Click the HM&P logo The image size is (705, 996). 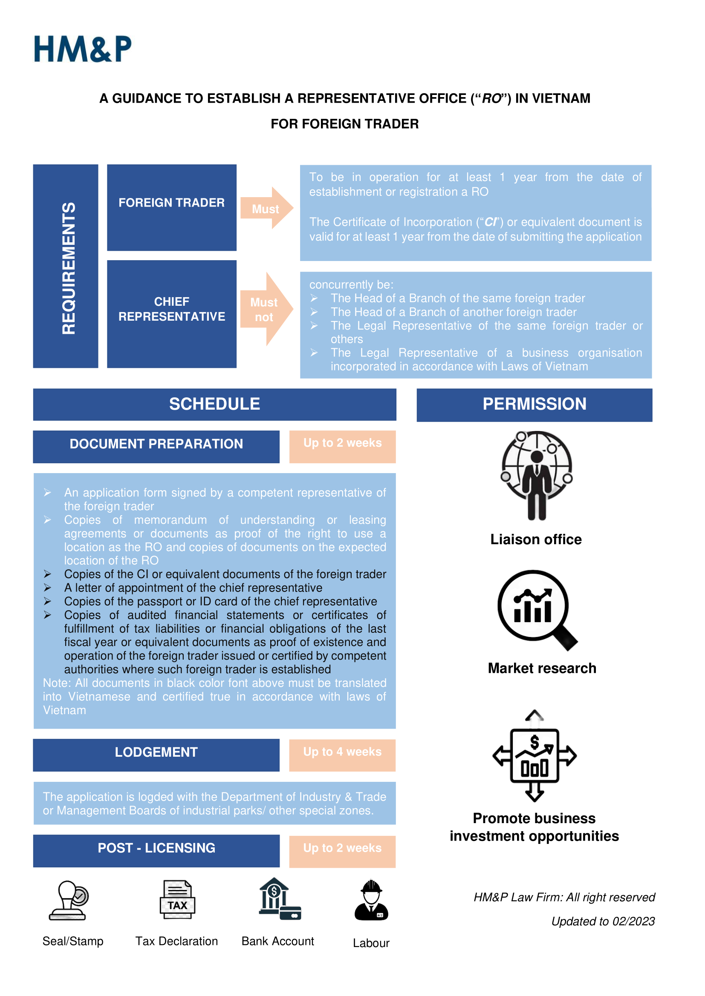pos(83,49)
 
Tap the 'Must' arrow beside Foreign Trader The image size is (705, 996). pos(266,208)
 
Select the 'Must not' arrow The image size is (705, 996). pos(266,309)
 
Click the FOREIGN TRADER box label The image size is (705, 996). pos(171,203)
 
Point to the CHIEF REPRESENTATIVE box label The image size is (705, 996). pos(171,309)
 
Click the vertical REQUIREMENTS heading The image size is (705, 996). pos(69,268)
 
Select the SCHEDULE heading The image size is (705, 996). pos(214,404)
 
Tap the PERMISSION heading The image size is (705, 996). pos(535,404)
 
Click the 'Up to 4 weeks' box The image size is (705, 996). pos(342,755)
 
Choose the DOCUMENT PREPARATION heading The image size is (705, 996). pos(156,444)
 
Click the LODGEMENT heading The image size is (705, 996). pos(156,752)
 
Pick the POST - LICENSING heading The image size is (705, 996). pos(156,848)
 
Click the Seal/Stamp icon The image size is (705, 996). pos(69,900)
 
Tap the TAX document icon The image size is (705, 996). pos(177,899)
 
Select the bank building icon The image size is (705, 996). pos(280,899)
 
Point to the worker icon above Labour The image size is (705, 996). pos(372,900)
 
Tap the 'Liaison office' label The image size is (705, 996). pos(536,539)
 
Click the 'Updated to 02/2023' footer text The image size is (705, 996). pos(603,921)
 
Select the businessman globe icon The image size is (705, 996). pos(537,476)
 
